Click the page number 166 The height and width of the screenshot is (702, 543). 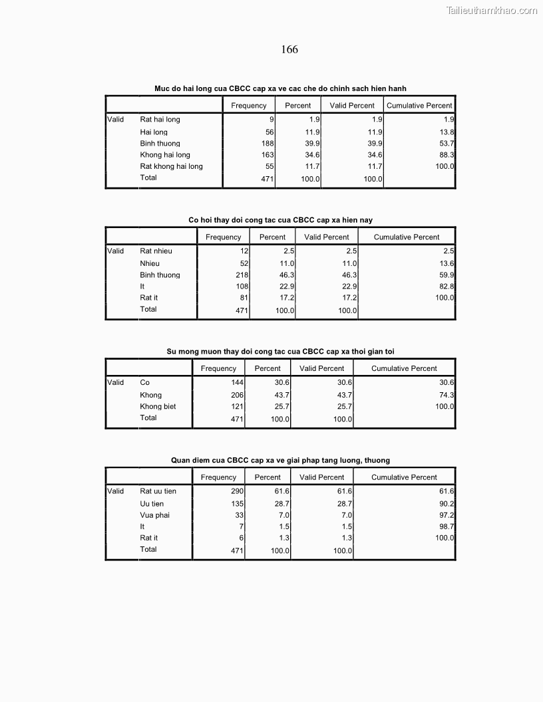289,50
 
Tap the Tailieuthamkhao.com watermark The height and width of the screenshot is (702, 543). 491,10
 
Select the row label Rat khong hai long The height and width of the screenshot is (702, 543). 171,166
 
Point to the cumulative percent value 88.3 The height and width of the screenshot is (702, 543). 447,155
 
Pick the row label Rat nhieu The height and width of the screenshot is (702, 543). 156,251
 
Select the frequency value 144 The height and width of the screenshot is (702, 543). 238,383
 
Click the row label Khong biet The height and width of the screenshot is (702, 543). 158,407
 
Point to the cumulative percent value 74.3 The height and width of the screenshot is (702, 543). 447,395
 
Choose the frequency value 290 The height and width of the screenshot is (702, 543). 238,491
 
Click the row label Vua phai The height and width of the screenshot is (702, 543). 154,515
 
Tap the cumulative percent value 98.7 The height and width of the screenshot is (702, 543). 447,526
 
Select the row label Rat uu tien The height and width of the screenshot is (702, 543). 158,491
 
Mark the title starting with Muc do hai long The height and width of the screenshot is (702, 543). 280,88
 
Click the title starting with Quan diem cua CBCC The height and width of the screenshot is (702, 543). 280,460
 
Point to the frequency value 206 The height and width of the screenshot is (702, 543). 238,395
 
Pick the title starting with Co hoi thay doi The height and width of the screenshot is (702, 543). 280,220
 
